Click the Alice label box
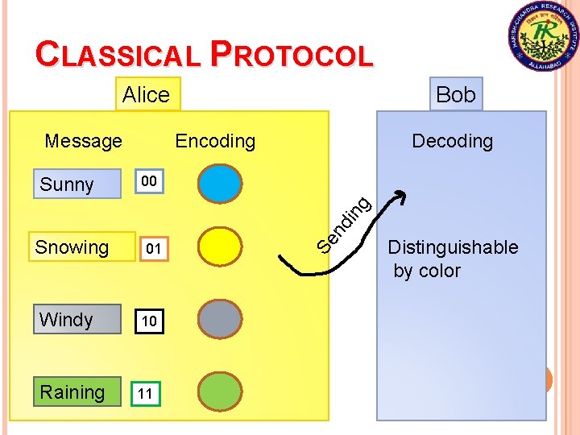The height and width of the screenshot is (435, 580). point(147,94)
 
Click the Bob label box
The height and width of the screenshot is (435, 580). point(455,94)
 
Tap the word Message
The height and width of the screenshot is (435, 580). point(83,141)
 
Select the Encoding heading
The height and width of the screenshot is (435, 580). point(215,141)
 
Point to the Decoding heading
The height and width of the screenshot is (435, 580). point(452,141)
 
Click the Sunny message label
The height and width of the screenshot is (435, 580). point(67,184)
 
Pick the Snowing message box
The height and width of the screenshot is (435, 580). point(72,247)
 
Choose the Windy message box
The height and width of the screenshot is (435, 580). point(66,320)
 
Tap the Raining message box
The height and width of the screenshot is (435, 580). point(72,392)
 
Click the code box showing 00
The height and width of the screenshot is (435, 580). point(147,182)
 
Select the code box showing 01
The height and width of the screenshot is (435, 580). point(153,251)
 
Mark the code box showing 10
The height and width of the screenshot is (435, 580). point(148,321)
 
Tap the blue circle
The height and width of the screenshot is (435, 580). point(219,182)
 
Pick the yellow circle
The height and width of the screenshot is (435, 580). point(219,246)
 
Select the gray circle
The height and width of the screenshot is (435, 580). point(219,318)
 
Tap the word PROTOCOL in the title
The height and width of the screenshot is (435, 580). point(292,55)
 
